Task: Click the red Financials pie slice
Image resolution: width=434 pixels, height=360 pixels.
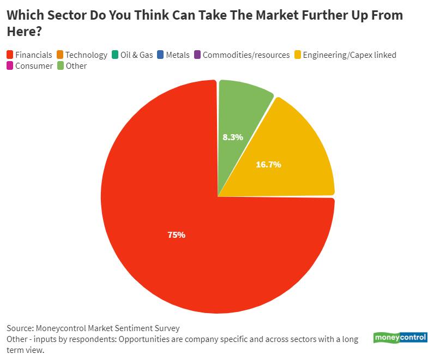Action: pyautogui.click(x=180, y=240)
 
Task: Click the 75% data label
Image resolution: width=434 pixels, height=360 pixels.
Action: pyautogui.click(x=176, y=235)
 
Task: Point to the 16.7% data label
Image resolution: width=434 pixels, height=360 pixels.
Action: pyautogui.click(x=268, y=164)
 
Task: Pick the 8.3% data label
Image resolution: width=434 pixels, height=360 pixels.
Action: pyautogui.click(x=233, y=137)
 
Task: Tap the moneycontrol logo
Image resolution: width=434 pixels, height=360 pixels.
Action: pyautogui.click(x=400, y=338)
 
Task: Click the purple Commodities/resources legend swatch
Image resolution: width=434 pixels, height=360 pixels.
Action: pyautogui.click(x=197, y=55)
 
